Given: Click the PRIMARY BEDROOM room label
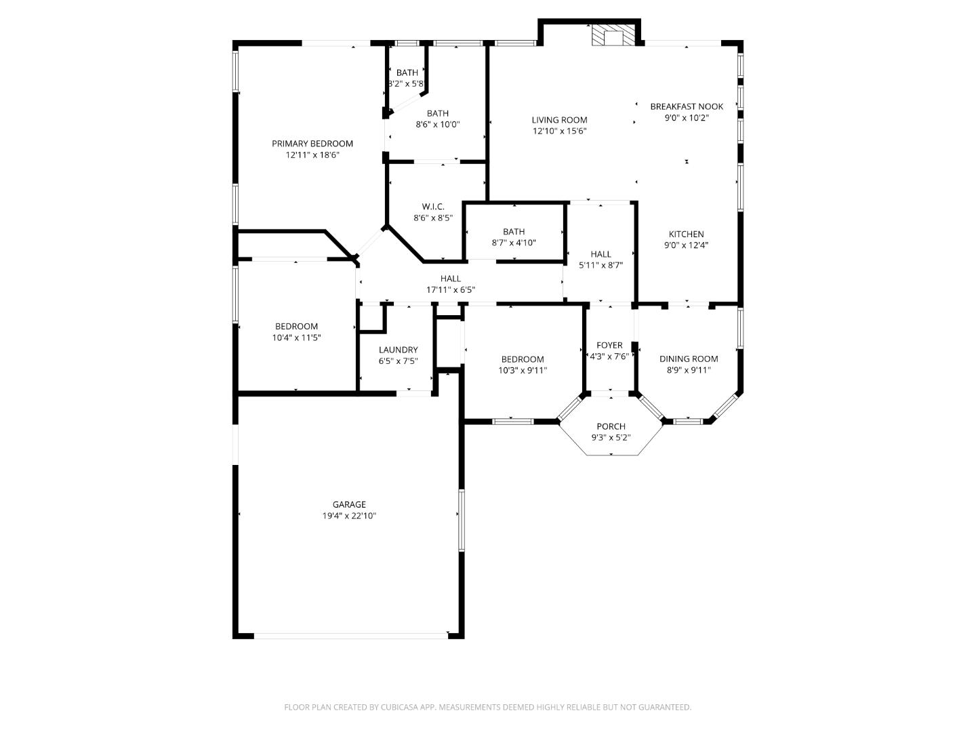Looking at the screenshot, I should pyautogui.click(x=312, y=144).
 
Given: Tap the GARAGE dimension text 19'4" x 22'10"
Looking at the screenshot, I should pyautogui.click(x=349, y=516).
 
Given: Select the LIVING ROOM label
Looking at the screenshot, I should pyautogui.click(x=559, y=120).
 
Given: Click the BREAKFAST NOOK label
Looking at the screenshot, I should pyautogui.click(x=687, y=106).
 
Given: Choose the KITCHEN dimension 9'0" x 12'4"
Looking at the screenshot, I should pyautogui.click(x=687, y=245).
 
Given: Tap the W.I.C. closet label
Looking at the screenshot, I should pyautogui.click(x=433, y=207).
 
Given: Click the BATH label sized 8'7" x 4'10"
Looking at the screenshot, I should pyautogui.click(x=514, y=232).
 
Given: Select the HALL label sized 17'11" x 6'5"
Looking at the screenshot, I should pyautogui.click(x=451, y=279).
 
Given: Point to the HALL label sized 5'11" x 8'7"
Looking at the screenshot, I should pyautogui.click(x=601, y=255).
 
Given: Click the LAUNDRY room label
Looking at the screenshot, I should pyautogui.click(x=399, y=350).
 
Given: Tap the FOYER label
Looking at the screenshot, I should pyautogui.click(x=609, y=346).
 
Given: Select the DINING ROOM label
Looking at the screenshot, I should pyautogui.click(x=689, y=359).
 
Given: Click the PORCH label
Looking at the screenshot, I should pyautogui.click(x=611, y=426).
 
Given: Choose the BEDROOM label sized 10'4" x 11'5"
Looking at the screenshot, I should pyautogui.click(x=296, y=327).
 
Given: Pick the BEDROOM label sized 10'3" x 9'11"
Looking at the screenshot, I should pyautogui.click(x=523, y=360).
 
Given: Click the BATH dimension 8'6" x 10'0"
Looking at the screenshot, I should pyautogui.click(x=438, y=125).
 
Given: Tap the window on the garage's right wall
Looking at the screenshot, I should pyautogui.click(x=462, y=520).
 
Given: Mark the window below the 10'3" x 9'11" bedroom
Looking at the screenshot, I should pyautogui.click(x=512, y=422).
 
